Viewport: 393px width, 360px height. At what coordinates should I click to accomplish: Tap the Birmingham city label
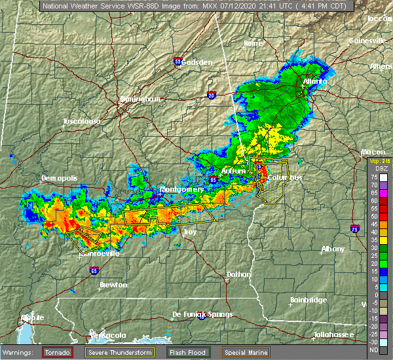[x=140, y=99]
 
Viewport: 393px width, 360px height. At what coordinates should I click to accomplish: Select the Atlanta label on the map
[x=314, y=82]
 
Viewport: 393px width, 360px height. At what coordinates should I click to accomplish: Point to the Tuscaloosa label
[x=82, y=122]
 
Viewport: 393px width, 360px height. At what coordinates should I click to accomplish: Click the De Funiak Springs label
[x=202, y=314]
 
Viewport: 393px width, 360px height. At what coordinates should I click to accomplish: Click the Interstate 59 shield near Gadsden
[x=178, y=62]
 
